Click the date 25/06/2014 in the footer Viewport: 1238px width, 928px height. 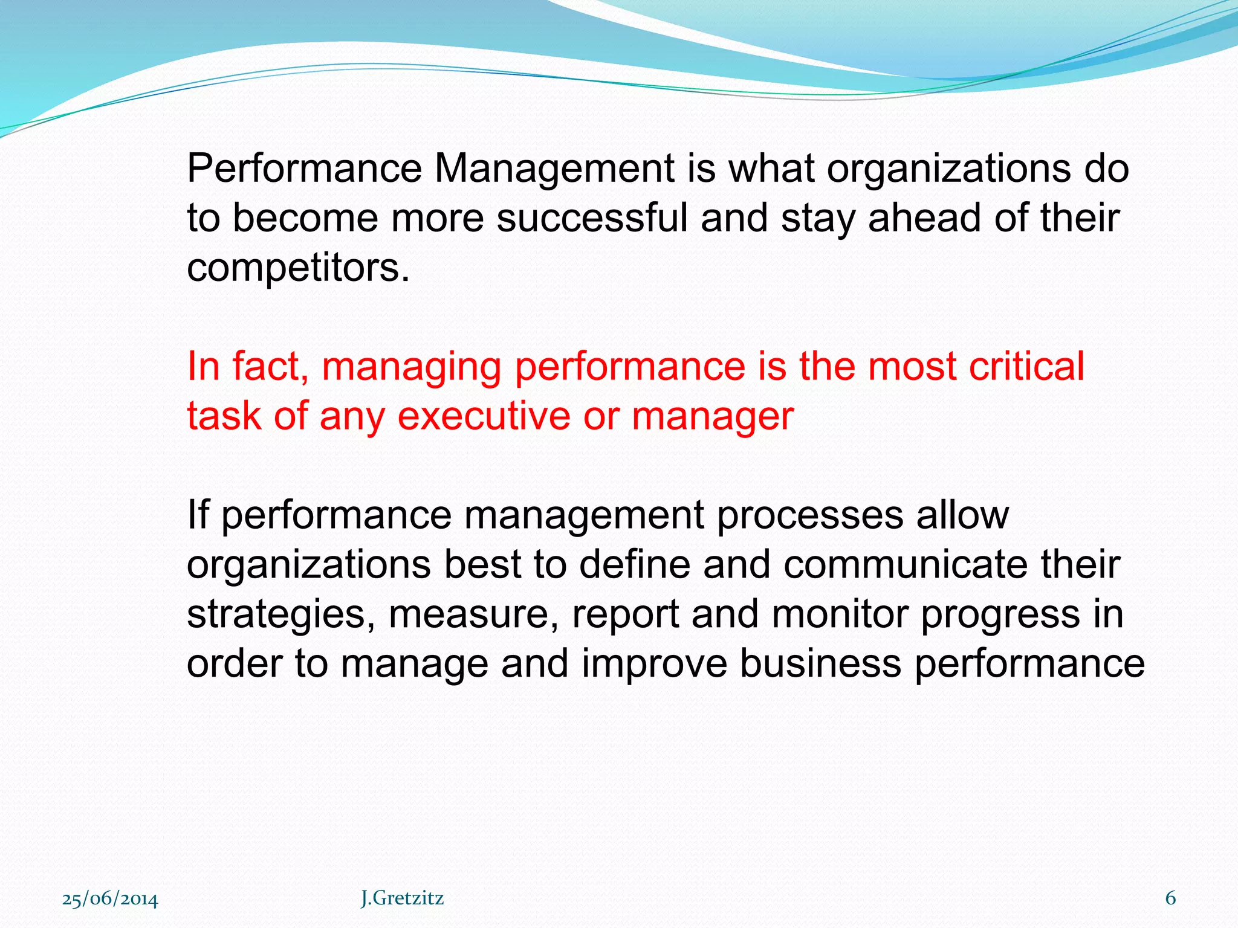(110, 899)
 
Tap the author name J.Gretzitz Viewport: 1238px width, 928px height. (402, 898)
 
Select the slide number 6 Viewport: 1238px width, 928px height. (1170, 898)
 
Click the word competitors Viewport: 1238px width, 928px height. (298, 268)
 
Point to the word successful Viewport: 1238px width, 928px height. (592, 218)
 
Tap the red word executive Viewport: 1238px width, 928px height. (484, 416)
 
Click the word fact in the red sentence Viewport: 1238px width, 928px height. (270, 366)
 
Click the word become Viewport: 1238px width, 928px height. (307, 218)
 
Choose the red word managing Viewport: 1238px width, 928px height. (412, 367)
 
